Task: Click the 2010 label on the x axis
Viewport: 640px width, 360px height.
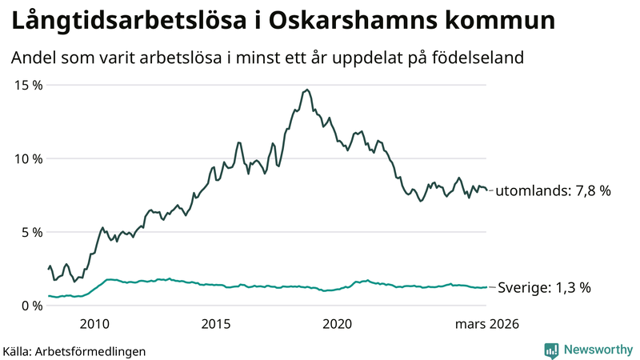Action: coord(94,324)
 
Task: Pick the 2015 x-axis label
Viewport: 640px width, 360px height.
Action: coord(216,324)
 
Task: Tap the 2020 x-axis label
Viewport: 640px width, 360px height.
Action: coord(337,324)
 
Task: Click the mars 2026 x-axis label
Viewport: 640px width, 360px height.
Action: coord(487,324)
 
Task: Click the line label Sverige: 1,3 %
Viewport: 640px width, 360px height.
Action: coord(544,288)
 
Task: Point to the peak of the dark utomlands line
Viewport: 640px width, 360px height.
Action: coord(307,90)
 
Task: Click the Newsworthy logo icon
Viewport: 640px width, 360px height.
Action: coord(551,350)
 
